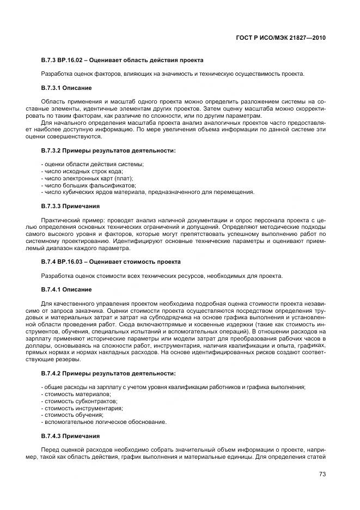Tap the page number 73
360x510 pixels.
click(x=322, y=474)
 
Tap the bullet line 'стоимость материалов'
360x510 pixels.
click(x=70, y=394)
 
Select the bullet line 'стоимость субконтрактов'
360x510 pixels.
click(x=74, y=401)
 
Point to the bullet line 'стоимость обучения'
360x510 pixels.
click(x=68, y=415)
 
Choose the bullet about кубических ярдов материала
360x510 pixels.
click(x=147, y=192)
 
